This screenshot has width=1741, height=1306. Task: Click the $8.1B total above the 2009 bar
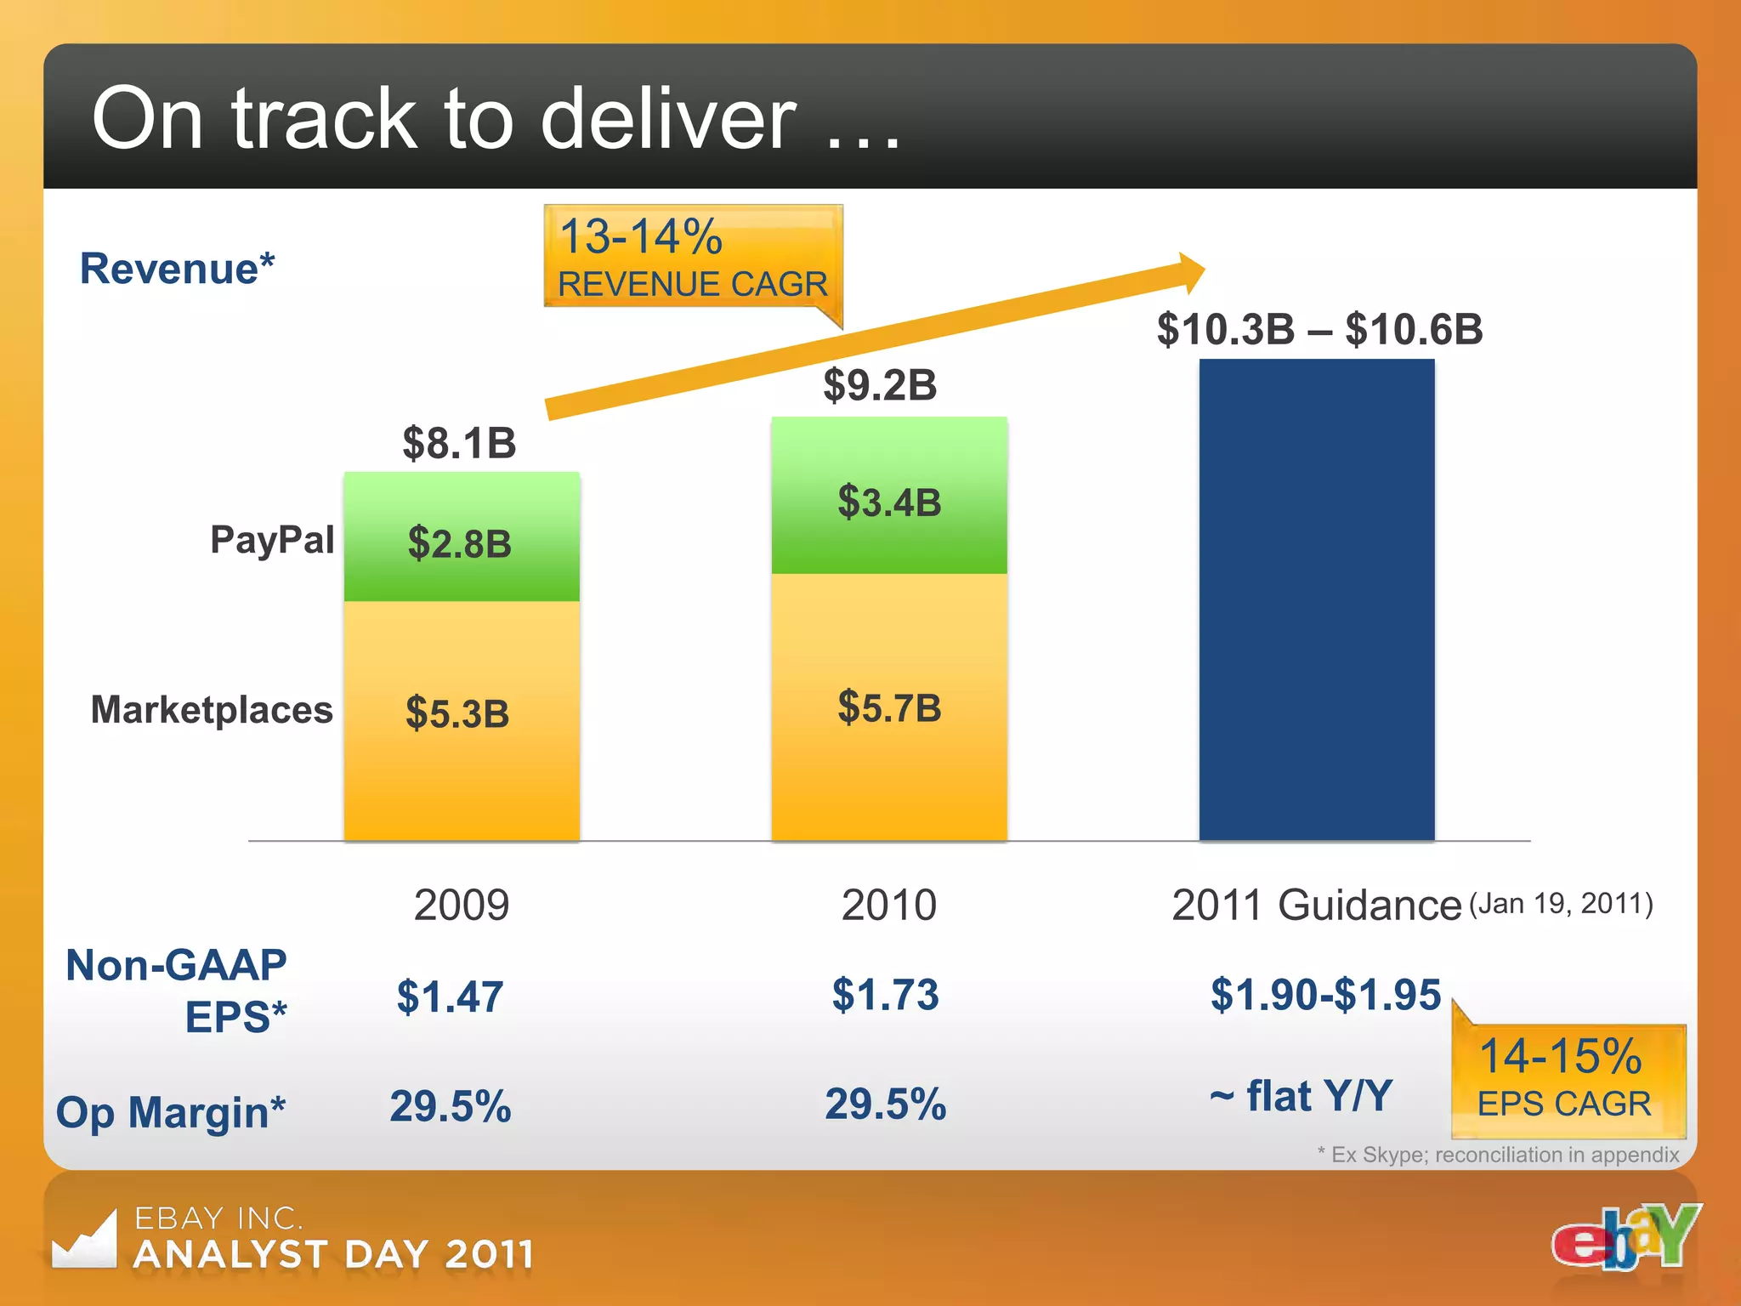click(459, 443)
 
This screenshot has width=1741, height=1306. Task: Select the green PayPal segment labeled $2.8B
click(462, 537)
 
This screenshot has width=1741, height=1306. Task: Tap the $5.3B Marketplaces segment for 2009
click(462, 718)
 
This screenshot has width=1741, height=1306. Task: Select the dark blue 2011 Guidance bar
click(1317, 599)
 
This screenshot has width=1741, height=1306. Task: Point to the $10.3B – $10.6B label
click(1319, 330)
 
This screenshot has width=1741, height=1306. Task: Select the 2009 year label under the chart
click(461, 905)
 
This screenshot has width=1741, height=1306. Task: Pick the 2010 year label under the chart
click(888, 905)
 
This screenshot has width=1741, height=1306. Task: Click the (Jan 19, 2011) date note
click(1561, 903)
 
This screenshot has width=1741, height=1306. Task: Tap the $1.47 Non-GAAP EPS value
click(450, 996)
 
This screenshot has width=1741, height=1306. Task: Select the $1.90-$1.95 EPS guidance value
click(1325, 994)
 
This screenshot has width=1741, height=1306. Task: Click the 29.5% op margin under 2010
click(885, 1104)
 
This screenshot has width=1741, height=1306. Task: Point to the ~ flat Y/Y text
click(1301, 1096)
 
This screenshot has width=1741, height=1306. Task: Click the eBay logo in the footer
click(1626, 1238)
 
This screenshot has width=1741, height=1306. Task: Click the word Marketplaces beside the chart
click(212, 709)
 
